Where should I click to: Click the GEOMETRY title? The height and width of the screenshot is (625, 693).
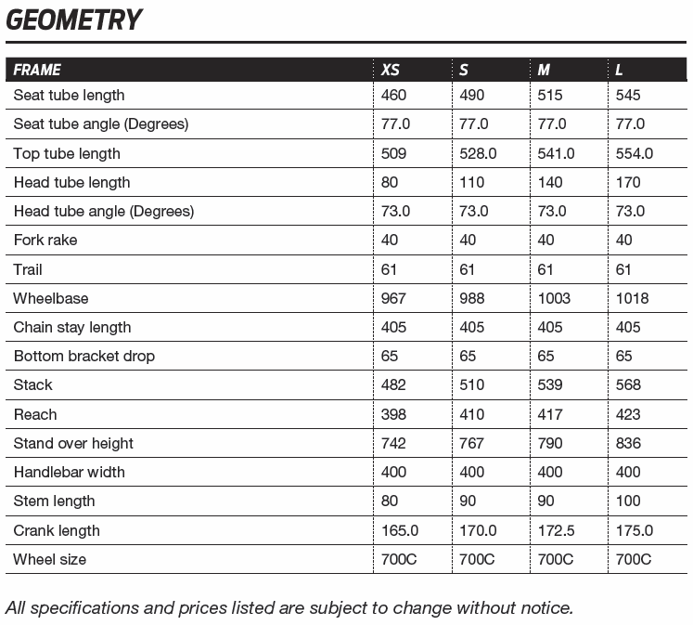click(74, 20)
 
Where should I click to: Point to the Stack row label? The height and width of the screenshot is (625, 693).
click(32, 384)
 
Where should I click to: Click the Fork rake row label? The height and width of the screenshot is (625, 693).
click(45, 240)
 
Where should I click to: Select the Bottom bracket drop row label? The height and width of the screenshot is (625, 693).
click(84, 356)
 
